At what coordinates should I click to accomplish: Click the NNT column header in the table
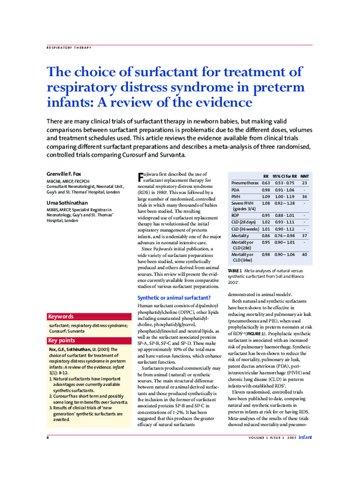click(304, 176)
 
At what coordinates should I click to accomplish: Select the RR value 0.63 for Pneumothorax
click(266, 183)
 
